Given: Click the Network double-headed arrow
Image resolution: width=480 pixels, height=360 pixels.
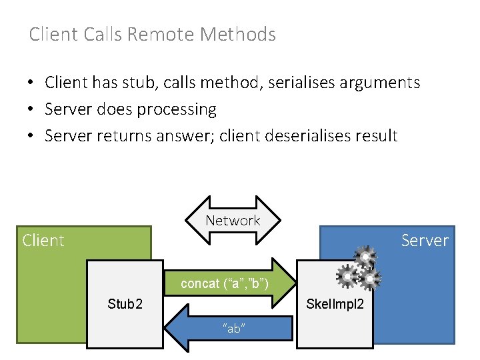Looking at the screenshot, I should (233, 221).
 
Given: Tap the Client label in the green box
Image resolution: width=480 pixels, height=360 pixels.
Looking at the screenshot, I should (43, 240).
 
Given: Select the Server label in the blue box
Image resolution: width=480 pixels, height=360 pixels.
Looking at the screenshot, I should (425, 240).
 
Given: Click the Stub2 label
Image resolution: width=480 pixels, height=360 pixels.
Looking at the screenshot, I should (125, 305).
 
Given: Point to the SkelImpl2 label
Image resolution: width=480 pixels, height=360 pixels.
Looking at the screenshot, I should (335, 305).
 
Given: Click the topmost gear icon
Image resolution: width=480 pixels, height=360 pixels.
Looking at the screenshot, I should (366, 257).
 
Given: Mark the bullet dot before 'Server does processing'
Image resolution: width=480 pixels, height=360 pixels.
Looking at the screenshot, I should (31, 110).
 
